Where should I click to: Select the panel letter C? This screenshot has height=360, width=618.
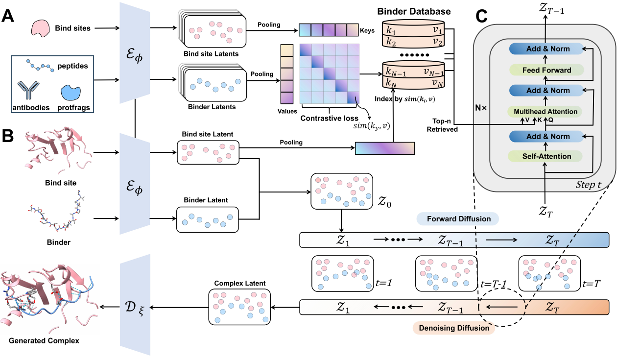481,17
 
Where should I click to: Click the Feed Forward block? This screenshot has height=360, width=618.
546,70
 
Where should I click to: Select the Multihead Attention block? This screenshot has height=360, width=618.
546,112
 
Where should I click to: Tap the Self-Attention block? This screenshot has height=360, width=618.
546,156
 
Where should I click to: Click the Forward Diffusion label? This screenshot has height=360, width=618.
457,219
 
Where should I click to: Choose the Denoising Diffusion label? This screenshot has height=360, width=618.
453,328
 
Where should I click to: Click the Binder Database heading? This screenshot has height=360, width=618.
419,11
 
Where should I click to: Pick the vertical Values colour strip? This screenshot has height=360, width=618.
286,73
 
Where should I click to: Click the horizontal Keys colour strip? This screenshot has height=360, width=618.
329,30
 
